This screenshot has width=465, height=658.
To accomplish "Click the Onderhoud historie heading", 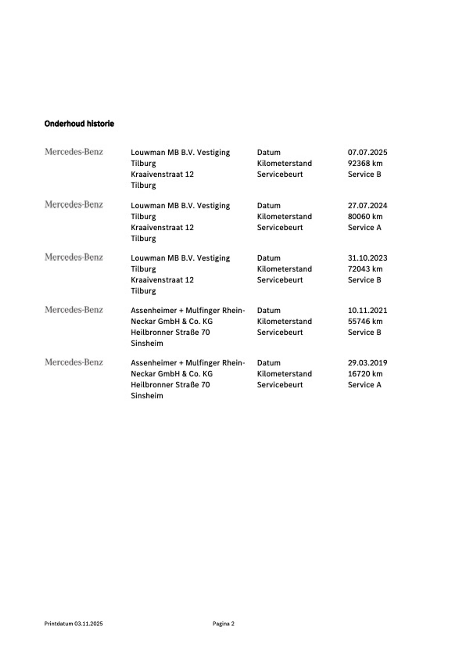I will click(79, 124).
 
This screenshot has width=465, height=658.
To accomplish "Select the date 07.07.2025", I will click(367, 152).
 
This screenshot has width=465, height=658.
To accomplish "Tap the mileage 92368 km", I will click(365, 163).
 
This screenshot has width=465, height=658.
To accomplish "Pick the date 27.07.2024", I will click(367, 206).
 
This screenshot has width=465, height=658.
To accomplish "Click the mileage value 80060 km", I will click(365, 217).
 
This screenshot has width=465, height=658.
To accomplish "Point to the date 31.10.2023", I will click(367, 258).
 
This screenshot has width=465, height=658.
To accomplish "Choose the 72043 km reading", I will click(365, 269).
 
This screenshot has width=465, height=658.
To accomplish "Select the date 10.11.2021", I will click(367, 311).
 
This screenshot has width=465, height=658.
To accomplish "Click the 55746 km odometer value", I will click(365, 321).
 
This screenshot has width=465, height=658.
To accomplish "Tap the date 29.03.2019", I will click(367, 363).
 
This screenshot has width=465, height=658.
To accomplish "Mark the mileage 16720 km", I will click(365, 374).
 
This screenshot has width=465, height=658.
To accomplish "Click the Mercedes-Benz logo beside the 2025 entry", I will click(74, 152).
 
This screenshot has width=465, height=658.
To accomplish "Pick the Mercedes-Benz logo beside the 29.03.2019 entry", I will click(74, 362).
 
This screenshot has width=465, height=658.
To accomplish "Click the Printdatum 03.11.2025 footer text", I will click(73, 624).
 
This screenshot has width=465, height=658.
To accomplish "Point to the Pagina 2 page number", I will click(223, 624).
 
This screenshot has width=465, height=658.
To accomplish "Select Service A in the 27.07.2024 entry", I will click(364, 228).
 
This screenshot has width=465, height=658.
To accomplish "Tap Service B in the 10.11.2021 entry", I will click(364, 332).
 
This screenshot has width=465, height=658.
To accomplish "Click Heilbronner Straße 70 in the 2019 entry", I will click(170, 385).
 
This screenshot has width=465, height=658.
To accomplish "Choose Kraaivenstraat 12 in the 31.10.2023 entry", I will click(162, 280).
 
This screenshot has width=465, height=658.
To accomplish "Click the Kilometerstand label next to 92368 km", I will click(284, 163).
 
